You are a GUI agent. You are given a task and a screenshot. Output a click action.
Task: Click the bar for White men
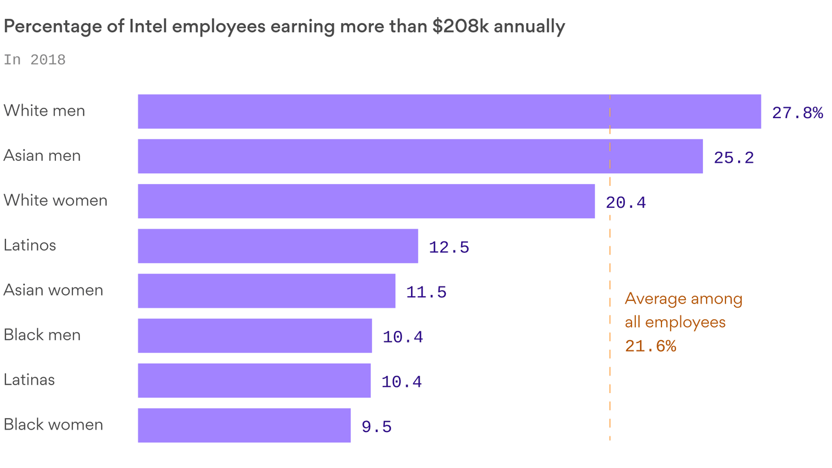(x=449, y=112)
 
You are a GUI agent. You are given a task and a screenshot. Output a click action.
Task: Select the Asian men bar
(x=420, y=156)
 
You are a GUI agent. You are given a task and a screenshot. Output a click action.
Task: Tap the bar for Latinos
(x=278, y=246)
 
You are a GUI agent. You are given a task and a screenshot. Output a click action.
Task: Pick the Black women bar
(x=244, y=425)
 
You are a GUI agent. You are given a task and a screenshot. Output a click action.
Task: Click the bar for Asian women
(x=266, y=291)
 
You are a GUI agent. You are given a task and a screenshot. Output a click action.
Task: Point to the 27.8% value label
(x=797, y=113)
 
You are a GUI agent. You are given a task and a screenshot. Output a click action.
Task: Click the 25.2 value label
(x=733, y=158)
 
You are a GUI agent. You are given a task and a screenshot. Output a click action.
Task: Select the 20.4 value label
(x=626, y=203)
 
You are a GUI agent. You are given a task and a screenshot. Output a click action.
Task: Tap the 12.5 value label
(x=449, y=247)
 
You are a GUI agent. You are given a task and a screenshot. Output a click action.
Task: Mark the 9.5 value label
(x=376, y=427)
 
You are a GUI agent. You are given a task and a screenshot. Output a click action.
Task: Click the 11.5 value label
(x=426, y=292)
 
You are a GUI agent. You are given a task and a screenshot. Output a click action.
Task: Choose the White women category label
(x=55, y=200)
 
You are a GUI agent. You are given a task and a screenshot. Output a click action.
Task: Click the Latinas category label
(x=29, y=380)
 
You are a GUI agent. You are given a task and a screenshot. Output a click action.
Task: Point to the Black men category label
(x=42, y=335)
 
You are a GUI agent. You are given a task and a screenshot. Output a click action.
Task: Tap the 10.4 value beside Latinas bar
(x=401, y=382)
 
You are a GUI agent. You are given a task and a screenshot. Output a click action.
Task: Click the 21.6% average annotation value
(x=650, y=346)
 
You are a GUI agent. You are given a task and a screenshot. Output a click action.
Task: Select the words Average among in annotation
(x=683, y=299)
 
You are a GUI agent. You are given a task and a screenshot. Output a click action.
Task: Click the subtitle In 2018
(x=35, y=60)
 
